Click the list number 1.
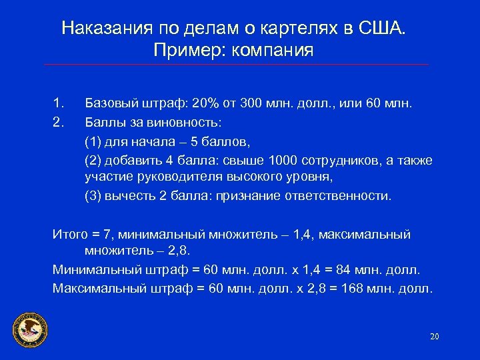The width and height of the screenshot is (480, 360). [x=57, y=103]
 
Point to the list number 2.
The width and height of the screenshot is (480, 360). [x=57, y=122]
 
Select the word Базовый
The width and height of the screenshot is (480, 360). [x=111, y=103]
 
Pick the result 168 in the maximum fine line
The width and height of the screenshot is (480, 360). [x=361, y=289]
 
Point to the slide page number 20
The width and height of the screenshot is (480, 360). [x=435, y=336]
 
